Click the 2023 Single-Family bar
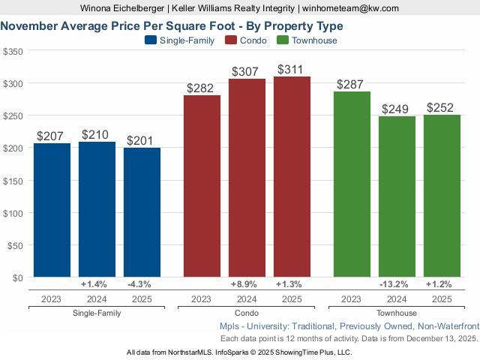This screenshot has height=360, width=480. pos(52,210)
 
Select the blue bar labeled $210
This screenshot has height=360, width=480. pos(97,209)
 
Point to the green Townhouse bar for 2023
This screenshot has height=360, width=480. pos(352,184)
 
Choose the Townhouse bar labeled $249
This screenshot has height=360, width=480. pos(397,196)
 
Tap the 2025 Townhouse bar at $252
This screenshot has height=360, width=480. pos(442,196)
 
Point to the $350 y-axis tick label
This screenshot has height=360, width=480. pos(13,52)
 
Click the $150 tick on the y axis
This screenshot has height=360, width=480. pos(13,181)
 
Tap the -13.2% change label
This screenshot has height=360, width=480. pos(397,284)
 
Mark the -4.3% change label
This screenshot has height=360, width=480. pos(142,284)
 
